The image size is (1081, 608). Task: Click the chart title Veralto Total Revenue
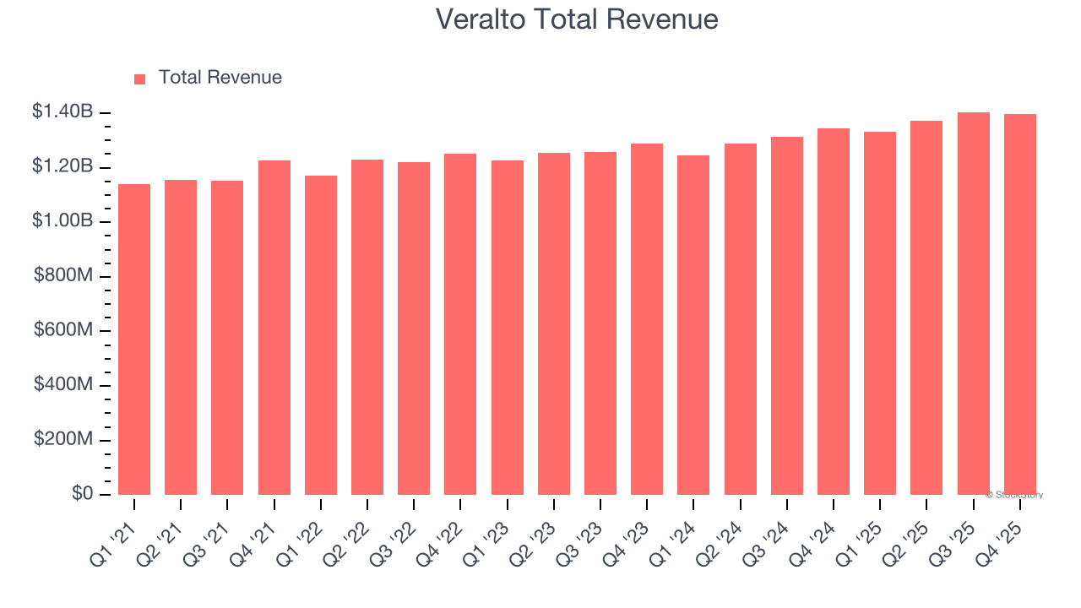(577, 19)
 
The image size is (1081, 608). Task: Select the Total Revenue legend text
(220, 78)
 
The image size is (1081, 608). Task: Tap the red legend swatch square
(140, 79)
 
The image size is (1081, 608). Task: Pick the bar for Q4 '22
(460, 324)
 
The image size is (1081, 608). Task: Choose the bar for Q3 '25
(973, 304)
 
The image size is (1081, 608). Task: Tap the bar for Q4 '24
(834, 312)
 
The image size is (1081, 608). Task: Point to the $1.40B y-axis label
(63, 111)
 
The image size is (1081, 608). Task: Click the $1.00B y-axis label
(63, 221)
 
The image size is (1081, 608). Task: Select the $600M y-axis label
(63, 330)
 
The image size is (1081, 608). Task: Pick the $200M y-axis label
(63, 440)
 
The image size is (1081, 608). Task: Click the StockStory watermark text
(1014, 495)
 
